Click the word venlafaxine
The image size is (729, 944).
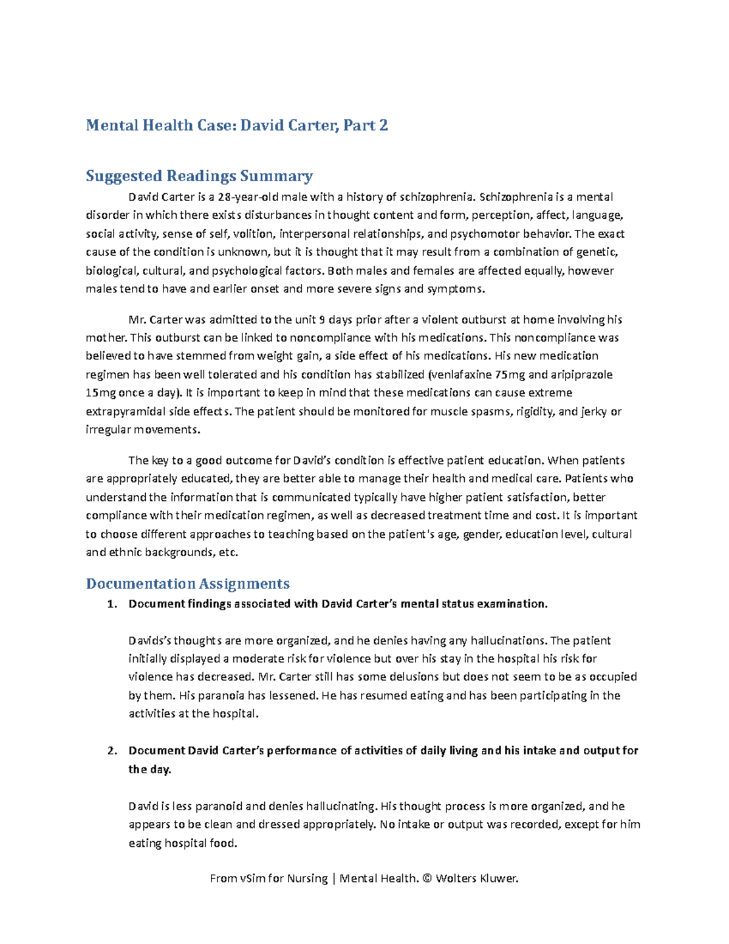(460, 374)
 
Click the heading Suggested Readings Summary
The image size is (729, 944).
(199, 176)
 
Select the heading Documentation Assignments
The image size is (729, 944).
(187, 584)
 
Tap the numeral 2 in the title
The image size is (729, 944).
(383, 126)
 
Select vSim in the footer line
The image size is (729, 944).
(252, 878)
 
